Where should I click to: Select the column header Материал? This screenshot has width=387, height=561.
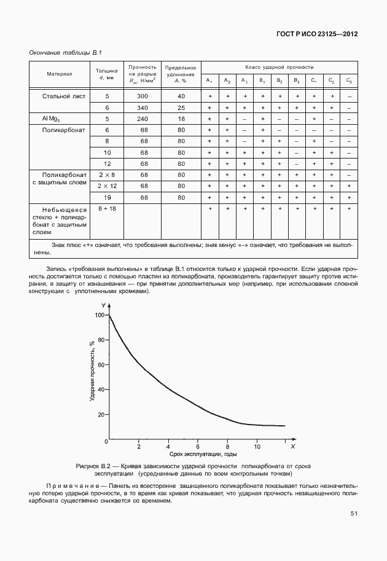[60, 74]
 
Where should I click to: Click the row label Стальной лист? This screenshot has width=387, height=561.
[64, 96]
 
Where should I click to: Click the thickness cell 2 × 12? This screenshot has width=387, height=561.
[107, 186]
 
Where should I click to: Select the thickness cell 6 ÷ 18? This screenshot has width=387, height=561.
[107, 209]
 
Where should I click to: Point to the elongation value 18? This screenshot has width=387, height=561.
[181, 119]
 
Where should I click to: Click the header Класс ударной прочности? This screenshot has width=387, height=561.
[279, 66]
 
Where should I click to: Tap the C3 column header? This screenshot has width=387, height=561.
[349, 80]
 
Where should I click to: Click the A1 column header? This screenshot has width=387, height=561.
[209, 80]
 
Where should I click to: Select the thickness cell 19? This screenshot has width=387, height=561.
[107, 197]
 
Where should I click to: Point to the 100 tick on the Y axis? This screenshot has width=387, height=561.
[100, 315]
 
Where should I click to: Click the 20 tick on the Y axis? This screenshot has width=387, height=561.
[101, 415]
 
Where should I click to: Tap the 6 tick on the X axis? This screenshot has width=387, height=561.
[198, 446]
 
